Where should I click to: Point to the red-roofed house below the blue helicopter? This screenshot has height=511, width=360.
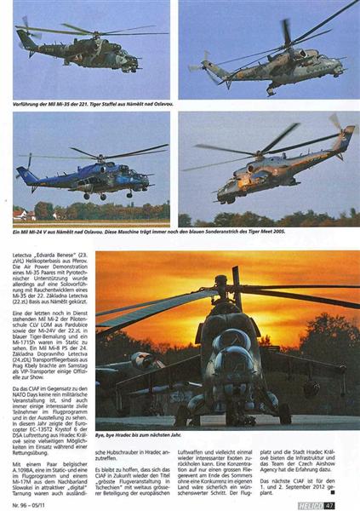tap(21, 214)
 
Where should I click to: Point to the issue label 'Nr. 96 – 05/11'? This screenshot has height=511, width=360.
tap(34, 502)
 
